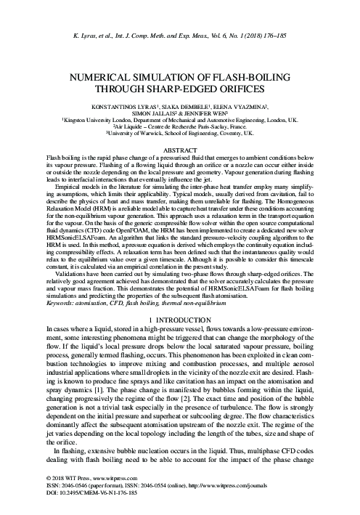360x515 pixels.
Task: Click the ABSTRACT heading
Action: tap(179, 148)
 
